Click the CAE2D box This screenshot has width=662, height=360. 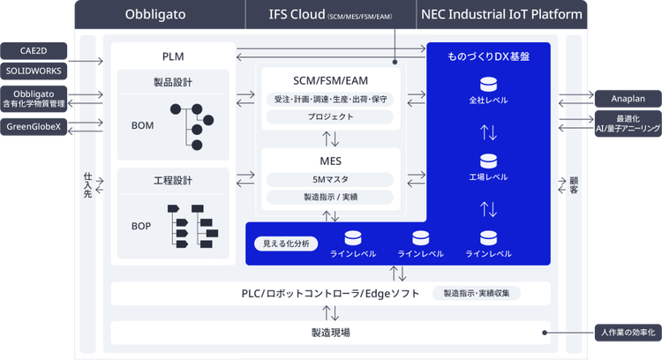pyautogui.click(x=34, y=50)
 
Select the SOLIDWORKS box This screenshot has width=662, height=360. pyautogui.click(x=34, y=71)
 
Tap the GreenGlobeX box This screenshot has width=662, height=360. pyautogui.click(x=34, y=126)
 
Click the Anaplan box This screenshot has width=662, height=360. pyautogui.click(x=628, y=99)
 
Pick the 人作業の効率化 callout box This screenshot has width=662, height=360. pyautogui.click(x=628, y=333)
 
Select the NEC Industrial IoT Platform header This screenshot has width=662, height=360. pyautogui.click(x=501, y=14)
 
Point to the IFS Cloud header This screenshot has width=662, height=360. pyautogui.click(x=331, y=14)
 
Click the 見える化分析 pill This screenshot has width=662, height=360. pyautogui.click(x=286, y=244)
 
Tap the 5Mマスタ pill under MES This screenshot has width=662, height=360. pyautogui.click(x=330, y=179)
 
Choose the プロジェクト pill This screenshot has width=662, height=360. pyautogui.click(x=330, y=116)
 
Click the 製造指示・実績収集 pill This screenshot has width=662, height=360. pyautogui.click(x=477, y=293)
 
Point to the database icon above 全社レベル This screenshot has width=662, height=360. pyautogui.click(x=488, y=85)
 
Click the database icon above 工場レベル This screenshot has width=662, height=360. pyautogui.click(x=488, y=161)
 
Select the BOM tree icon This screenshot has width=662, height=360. pyautogui.click(x=192, y=126)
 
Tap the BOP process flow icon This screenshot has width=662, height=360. pyautogui.click(x=192, y=226)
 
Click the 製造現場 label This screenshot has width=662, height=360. pyautogui.click(x=331, y=333)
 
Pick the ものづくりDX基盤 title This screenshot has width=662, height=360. pyautogui.click(x=488, y=56)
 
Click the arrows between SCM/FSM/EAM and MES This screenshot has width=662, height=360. pyautogui.click(x=331, y=139)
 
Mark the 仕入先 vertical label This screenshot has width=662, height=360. pyautogui.click(x=87, y=185)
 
